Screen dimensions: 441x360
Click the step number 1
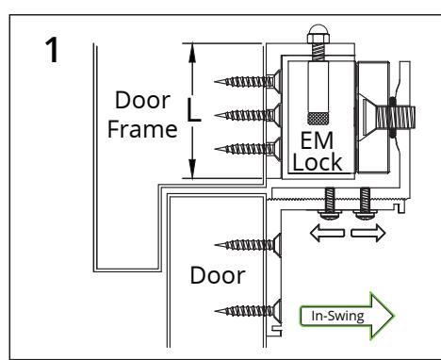(x=53, y=50)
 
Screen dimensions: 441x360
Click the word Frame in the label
(x=142, y=129)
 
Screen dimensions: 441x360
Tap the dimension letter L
(x=194, y=110)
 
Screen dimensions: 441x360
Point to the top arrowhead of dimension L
(x=192, y=53)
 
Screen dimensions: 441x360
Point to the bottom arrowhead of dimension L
(x=192, y=169)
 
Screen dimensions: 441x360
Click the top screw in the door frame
(x=248, y=81)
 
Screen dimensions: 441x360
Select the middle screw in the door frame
(x=248, y=115)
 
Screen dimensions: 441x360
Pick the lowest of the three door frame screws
(x=248, y=149)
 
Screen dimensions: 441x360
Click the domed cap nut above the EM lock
(x=318, y=34)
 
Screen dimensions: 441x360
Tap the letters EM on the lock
(x=317, y=141)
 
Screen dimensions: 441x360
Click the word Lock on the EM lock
(x=318, y=162)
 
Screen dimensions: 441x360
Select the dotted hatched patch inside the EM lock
(x=318, y=118)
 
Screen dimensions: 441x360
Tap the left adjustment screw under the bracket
(x=329, y=204)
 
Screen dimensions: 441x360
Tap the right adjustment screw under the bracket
(x=365, y=204)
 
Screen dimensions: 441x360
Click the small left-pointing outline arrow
(x=327, y=233)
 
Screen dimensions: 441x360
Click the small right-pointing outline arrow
(x=368, y=233)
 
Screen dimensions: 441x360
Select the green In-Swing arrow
(x=347, y=316)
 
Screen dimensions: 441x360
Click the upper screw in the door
(x=248, y=245)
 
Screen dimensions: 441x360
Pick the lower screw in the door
(x=248, y=311)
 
